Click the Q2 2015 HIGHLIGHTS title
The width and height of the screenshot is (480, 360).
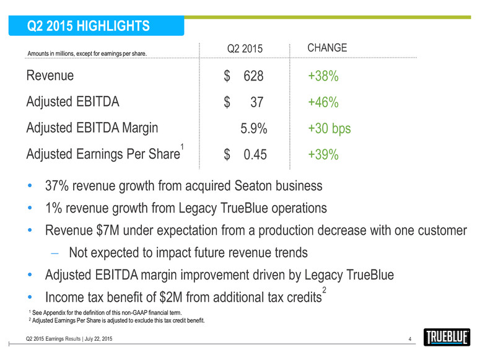89,26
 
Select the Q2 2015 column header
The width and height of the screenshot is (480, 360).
245,49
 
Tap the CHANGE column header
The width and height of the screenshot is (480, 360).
327,48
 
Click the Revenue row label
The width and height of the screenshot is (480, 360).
50,76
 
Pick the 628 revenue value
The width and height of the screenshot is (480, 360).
253,76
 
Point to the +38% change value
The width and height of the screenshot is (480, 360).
323,76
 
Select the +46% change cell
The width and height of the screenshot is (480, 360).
323,102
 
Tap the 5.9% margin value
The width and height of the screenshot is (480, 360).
253,129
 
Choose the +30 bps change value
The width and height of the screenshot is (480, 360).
329,129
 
